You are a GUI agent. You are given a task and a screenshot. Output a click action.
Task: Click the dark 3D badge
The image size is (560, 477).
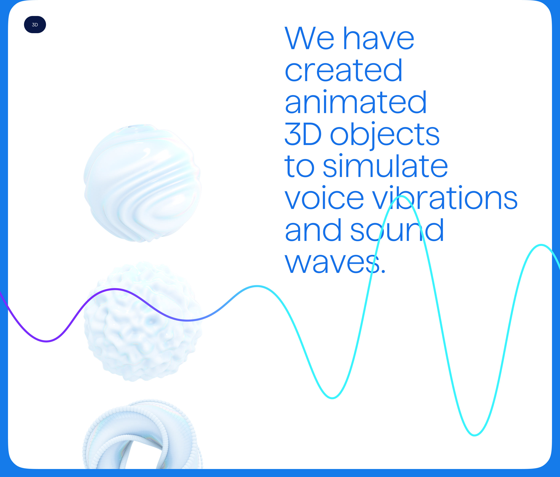point(35,25)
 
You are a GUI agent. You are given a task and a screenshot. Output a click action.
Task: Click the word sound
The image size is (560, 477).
point(397,230)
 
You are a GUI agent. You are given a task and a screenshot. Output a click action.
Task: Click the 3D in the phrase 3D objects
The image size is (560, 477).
point(303,134)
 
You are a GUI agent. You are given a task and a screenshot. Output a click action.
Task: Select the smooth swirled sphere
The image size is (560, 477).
point(142,183)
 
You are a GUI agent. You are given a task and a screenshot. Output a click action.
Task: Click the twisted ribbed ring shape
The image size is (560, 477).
point(142,435)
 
